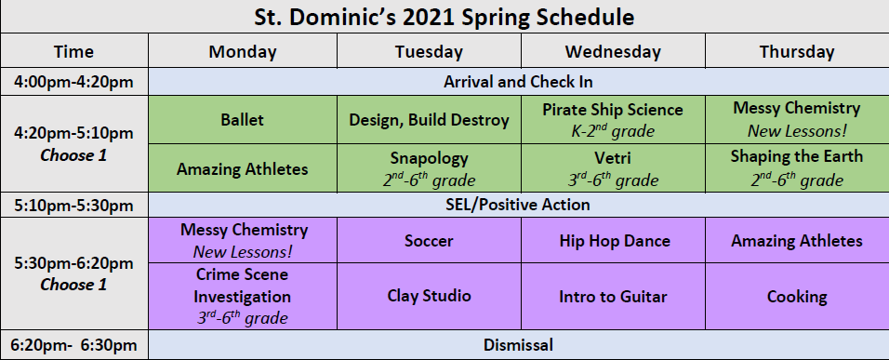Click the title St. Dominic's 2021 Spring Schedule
click(x=444, y=17)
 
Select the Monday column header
click(x=243, y=51)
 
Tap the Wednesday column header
click(x=613, y=51)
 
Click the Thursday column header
click(x=797, y=51)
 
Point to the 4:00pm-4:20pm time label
click(x=73, y=82)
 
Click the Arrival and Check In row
click(x=518, y=82)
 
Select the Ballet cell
click(x=243, y=120)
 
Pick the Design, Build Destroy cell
click(x=430, y=120)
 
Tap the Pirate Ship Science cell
click(x=613, y=120)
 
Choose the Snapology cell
click(x=430, y=168)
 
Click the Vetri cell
click(x=613, y=168)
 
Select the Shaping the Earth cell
click(x=797, y=168)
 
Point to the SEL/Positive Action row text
click(x=518, y=205)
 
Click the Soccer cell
click(x=430, y=240)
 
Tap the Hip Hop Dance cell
click(x=613, y=240)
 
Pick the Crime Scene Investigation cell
click(x=243, y=296)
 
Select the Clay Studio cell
click(x=430, y=296)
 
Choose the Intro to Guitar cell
click(x=613, y=296)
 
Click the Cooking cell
click(x=797, y=296)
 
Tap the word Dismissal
click(x=518, y=345)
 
